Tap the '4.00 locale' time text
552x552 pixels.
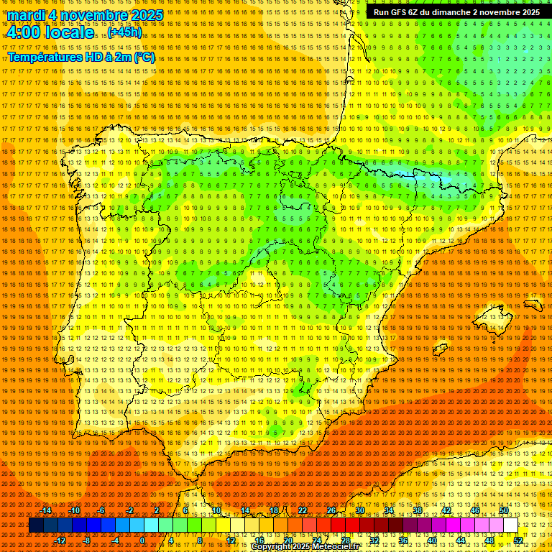point(50,32)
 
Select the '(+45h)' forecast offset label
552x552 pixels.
point(125,32)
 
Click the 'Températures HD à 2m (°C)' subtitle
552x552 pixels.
point(81,57)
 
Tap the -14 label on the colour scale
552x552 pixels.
point(47,510)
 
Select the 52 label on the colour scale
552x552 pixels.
point(518,540)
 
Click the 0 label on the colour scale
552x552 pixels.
point(142,540)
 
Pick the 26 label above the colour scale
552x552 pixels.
point(331,510)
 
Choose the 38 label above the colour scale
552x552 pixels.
point(418,510)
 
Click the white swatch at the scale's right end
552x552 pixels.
point(510,525)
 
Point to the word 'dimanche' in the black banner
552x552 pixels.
point(449,12)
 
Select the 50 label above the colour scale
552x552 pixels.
point(504,510)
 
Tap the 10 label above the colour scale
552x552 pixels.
point(216,510)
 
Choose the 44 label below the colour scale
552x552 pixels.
point(461,540)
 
